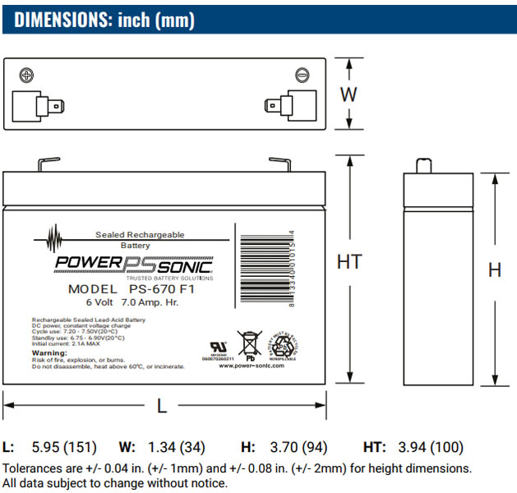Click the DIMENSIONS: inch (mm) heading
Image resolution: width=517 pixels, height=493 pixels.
pyautogui.click(x=104, y=20)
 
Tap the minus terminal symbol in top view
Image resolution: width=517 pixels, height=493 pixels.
pyautogui.click(x=302, y=76)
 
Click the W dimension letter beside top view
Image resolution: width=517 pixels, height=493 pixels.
pyautogui.click(x=349, y=94)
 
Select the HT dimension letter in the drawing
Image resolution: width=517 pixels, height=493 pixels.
pyautogui.click(x=349, y=262)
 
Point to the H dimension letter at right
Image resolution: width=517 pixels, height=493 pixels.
pyautogui.click(x=495, y=270)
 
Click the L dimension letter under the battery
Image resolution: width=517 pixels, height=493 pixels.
pyautogui.click(x=162, y=405)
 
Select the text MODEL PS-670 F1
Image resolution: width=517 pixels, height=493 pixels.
pyautogui.click(x=131, y=289)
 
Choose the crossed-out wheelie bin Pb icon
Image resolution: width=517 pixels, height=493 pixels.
pyautogui.click(x=248, y=344)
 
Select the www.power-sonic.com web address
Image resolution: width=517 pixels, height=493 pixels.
pyautogui.click(x=252, y=366)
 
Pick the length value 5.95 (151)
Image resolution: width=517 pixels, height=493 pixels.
pyautogui.click(x=64, y=448)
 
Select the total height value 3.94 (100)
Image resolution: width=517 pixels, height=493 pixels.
pyautogui.click(x=431, y=448)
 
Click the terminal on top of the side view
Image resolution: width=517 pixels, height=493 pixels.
pyautogui.click(x=426, y=166)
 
